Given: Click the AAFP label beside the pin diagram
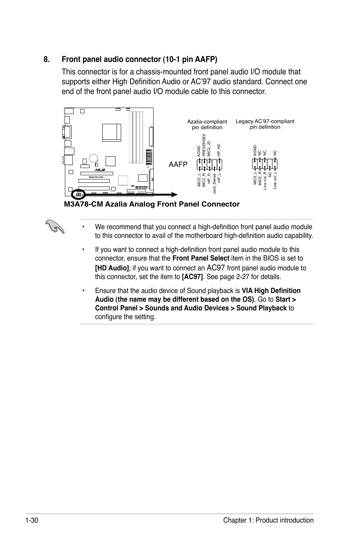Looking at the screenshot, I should (x=178, y=165).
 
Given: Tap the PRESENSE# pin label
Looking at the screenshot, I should (x=203, y=145).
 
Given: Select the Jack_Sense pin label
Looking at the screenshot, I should (x=214, y=184).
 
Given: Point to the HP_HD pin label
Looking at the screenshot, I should (x=218, y=150).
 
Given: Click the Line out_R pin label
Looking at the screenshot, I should (x=265, y=181).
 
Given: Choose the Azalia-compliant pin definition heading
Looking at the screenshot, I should (x=207, y=124).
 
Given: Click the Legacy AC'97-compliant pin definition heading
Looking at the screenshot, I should (x=265, y=124).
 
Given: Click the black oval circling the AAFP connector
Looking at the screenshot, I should (x=79, y=194).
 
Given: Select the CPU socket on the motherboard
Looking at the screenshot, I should (x=111, y=133).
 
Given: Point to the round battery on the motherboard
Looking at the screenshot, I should (x=94, y=158).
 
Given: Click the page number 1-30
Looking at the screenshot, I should (x=33, y=520).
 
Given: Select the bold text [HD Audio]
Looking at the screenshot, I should (x=112, y=268).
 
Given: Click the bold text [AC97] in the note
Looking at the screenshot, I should (x=192, y=277).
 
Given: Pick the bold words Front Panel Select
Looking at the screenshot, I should (x=201, y=258).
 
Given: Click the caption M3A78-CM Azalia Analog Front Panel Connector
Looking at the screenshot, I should (x=152, y=204).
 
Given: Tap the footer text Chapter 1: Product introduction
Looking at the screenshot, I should (x=268, y=520).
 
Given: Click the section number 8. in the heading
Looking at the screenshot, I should (x=47, y=60).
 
